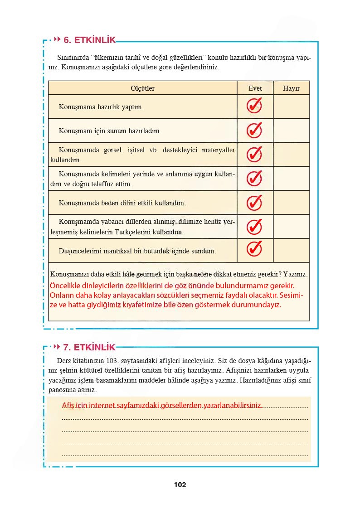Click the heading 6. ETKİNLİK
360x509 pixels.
(90, 40)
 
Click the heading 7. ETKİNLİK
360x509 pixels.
(90, 348)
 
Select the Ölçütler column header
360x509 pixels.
(142, 88)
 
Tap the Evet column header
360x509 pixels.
(255, 88)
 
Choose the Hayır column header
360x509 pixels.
(291, 88)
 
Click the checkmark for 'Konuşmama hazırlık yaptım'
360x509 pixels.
(254, 107)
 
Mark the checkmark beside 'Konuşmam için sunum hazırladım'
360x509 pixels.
(254, 131)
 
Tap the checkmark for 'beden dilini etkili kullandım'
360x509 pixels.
(254, 202)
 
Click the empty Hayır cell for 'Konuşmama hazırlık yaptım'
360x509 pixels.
(291, 107)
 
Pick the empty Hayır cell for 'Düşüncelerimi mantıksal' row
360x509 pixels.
(291, 250)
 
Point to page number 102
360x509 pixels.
(180, 485)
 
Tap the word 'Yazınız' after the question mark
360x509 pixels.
(295, 275)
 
